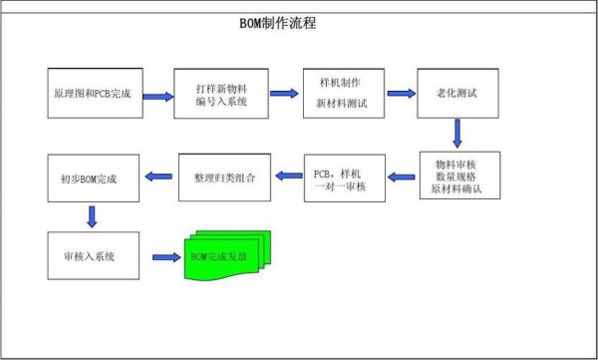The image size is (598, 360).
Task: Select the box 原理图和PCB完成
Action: tap(95, 93)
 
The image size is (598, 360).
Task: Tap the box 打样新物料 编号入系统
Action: tap(221, 93)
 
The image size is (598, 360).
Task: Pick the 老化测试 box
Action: tap(458, 93)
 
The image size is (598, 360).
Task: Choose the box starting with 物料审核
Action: tap(458, 177)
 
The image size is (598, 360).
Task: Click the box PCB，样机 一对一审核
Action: tap(343, 177)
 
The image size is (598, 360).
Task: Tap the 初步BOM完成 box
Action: tap(96, 177)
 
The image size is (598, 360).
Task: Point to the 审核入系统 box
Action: tap(95, 255)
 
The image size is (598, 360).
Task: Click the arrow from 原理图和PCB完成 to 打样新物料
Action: tap(157, 97)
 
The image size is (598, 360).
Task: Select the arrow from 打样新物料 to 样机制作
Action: tap(284, 95)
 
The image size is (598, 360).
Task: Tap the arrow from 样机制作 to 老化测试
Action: tap(401, 93)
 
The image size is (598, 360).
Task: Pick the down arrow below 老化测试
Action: tap(457, 133)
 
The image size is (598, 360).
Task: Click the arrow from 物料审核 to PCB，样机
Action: tap(402, 177)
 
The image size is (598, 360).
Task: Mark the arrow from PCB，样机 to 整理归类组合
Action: tap(288, 177)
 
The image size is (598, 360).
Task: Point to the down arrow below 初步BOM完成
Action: tap(92, 215)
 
